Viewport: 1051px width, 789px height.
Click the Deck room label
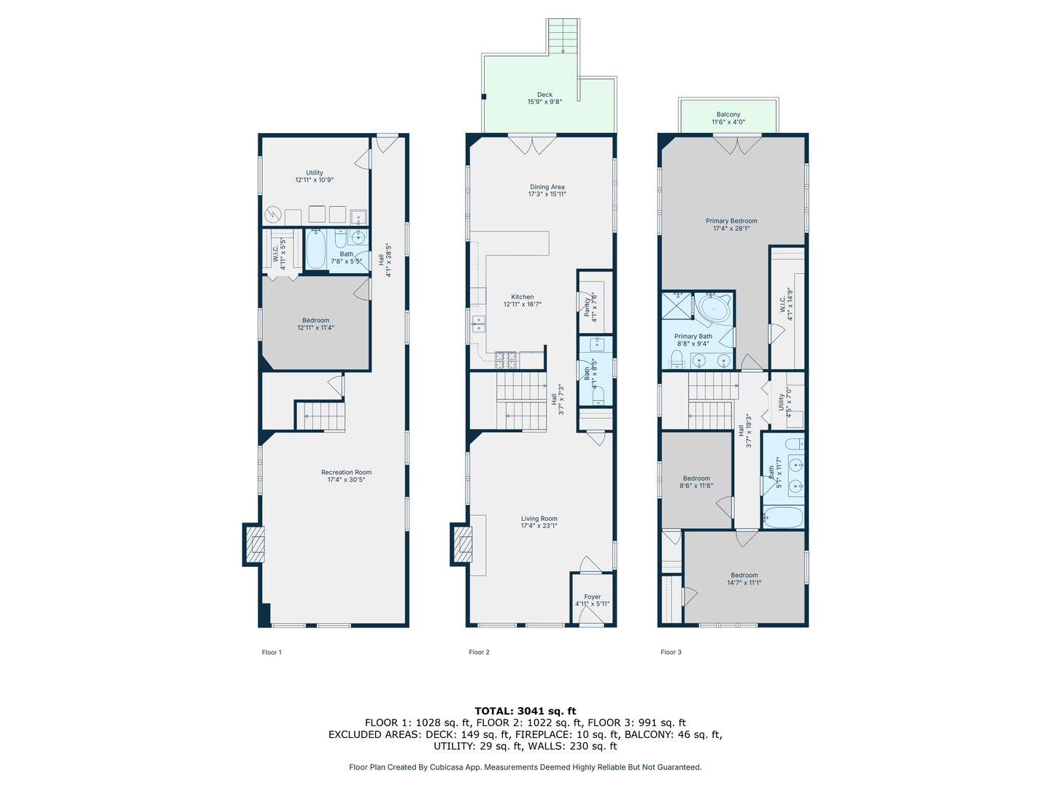544,94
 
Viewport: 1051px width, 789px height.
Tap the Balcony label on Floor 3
728,115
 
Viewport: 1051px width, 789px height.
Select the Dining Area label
547,187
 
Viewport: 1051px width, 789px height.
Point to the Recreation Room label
346,473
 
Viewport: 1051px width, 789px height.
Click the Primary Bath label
693,336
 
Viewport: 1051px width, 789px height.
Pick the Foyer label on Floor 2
593,597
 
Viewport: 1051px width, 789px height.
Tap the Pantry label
587,307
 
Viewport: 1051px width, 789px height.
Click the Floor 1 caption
272,652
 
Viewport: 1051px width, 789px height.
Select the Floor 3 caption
671,652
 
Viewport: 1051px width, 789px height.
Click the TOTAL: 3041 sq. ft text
525,711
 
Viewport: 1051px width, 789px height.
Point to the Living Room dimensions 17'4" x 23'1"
539,525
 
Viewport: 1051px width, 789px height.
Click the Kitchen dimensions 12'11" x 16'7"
523,304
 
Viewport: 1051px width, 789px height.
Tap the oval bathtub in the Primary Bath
713,309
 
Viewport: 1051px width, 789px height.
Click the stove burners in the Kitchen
506,359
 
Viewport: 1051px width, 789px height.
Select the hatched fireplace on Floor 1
254,544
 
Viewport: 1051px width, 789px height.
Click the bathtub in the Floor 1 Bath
315,250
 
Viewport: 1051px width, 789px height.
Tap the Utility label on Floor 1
315,172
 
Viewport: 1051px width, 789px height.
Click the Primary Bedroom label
731,221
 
